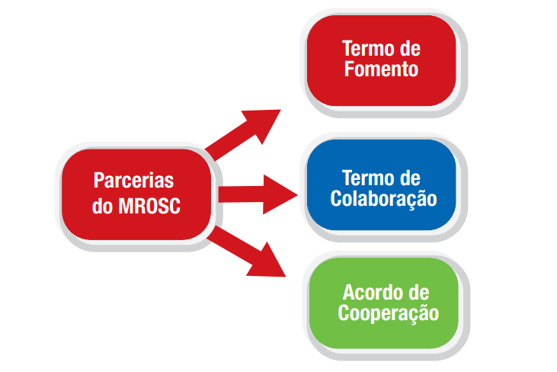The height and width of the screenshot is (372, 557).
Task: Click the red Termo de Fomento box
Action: [381, 59]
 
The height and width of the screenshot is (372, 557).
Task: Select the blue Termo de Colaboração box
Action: [381, 188]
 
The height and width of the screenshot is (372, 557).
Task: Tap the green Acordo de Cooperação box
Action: [384, 302]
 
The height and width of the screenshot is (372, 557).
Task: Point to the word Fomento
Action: [381, 69]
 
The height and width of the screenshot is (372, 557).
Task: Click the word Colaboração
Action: [383, 199]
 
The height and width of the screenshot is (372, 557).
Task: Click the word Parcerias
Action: [133, 181]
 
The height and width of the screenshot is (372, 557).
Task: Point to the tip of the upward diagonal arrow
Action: [277, 111]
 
